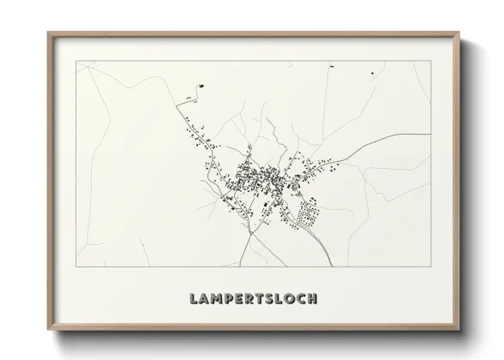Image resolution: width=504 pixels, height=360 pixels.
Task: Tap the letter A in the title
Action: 203,299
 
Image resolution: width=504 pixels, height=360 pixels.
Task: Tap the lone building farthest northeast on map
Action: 372,74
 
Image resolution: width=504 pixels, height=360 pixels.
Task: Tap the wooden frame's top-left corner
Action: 49,33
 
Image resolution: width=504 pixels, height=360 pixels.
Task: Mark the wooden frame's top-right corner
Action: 461,33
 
